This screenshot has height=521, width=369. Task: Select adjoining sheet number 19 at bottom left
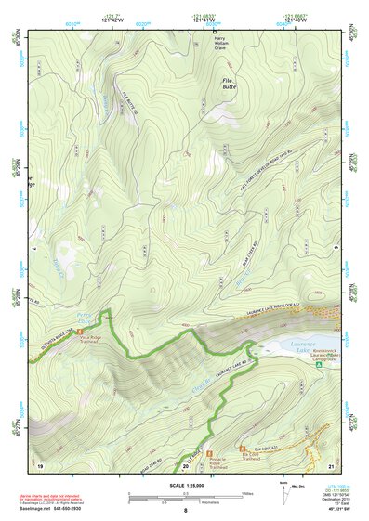point(40,463)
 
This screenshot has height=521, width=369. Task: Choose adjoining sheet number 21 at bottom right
point(331,463)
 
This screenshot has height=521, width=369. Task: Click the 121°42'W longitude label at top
point(112,20)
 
